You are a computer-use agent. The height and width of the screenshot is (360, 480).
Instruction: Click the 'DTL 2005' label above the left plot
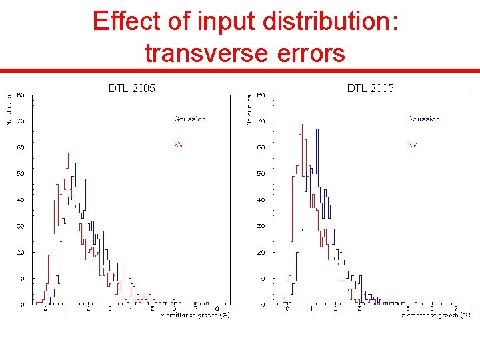click(132, 88)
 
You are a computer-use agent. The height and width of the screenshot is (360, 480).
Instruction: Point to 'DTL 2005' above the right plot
click(371, 88)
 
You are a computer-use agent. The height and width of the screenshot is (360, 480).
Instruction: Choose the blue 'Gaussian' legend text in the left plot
click(189, 119)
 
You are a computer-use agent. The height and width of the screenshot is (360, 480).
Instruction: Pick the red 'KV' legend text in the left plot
click(179, 145)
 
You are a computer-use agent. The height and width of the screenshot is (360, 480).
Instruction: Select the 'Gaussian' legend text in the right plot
click(423, 119)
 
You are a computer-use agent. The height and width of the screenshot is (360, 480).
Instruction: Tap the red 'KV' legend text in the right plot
click(413, 145)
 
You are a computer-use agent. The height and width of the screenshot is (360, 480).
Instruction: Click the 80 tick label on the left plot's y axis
click(21, 95)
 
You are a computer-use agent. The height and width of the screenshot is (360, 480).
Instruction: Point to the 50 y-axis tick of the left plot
click(21, 174)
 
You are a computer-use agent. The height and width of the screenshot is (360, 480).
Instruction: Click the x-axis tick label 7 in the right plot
click(455, 308)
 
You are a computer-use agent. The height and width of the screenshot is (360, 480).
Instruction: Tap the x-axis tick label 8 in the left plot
click(217, 308)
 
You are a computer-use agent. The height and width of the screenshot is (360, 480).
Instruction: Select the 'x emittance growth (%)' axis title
click(195, 315)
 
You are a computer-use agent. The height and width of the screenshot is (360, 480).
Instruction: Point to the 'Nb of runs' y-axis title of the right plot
click(249, 109)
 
